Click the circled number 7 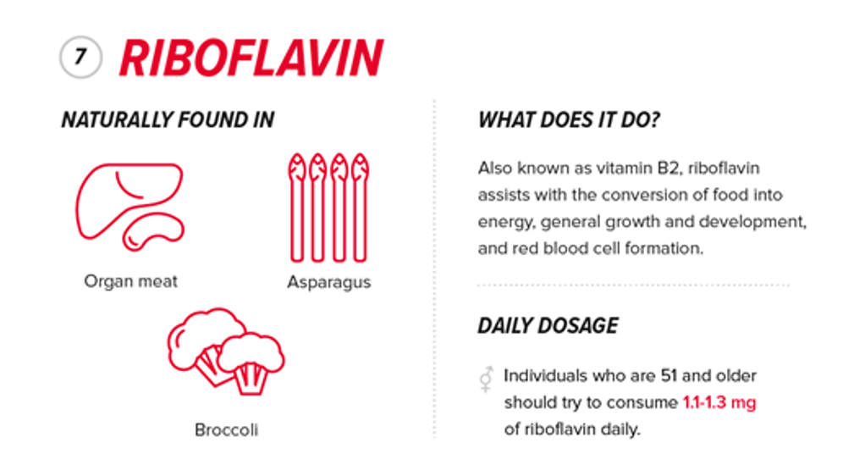pos(80,58)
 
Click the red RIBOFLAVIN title pos(251,58)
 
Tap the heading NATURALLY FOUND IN pos(168,120)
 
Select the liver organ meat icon pos(129,203)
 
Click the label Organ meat pos(131,280)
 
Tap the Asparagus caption pos(328,282)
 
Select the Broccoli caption pos(226,429)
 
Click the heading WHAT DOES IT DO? pos(569,120)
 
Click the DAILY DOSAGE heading pos(548,325)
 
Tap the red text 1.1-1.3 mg pos(719,402)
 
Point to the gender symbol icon pos(486,379)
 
